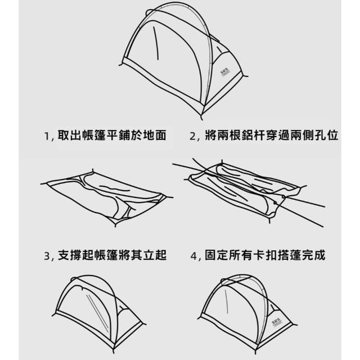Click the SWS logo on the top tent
point(225,73)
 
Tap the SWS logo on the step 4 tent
point(276,322)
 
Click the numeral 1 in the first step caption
point(47,136)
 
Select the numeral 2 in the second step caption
point(192,136)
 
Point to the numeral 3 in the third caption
point(47,256)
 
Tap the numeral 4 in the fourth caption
point(193,256)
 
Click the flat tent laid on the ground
point(107,197)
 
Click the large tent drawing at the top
point(184,61)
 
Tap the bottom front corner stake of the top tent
point(201,118)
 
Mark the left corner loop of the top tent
point(121,65)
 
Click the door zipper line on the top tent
point(156,43)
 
